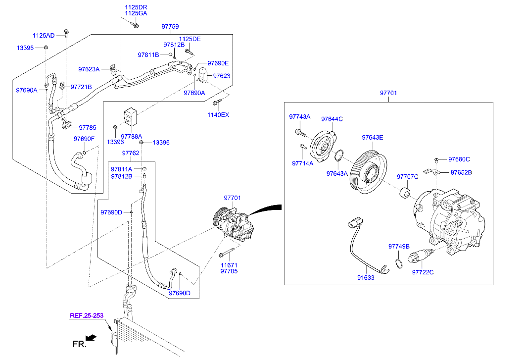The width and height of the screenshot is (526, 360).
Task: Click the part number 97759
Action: tap(170, 26)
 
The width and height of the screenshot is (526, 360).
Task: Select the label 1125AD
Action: tap(44, 36)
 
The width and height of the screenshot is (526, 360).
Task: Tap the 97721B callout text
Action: tap(81, 87)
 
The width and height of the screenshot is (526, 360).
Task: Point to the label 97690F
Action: tap(84, 139)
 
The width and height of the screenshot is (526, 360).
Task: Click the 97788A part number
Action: tap(132, 136)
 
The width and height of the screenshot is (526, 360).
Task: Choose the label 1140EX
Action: tap(218, 115)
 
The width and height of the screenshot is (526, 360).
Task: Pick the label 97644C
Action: tap(332, 119)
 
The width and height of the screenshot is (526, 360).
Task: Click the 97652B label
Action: tap(460, 172)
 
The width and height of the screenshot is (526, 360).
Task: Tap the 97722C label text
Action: tap(423, 272)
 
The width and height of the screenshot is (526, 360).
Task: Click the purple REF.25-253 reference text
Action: tap(87, 315)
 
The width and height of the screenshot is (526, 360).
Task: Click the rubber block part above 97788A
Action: tap(131, 116)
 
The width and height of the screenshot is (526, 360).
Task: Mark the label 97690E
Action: tap(218, 63)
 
